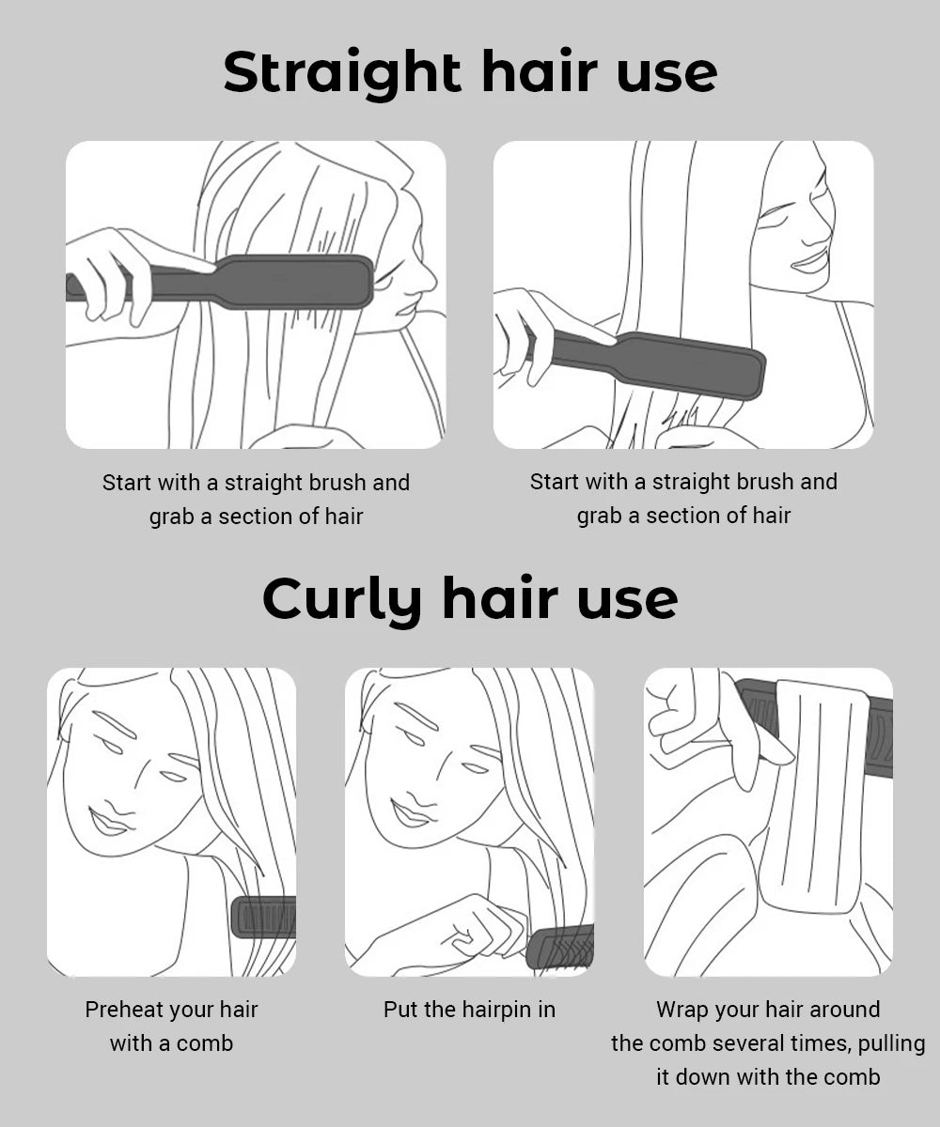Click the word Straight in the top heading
(x=342, y=73)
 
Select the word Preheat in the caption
(x=121, y=1010)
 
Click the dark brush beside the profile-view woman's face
(x=282, y=282)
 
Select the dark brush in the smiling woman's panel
(x=677, y=364)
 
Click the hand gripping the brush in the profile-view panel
(x=108, y=272)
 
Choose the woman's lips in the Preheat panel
(x=110, y=823)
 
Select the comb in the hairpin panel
(x=562, y=947)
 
